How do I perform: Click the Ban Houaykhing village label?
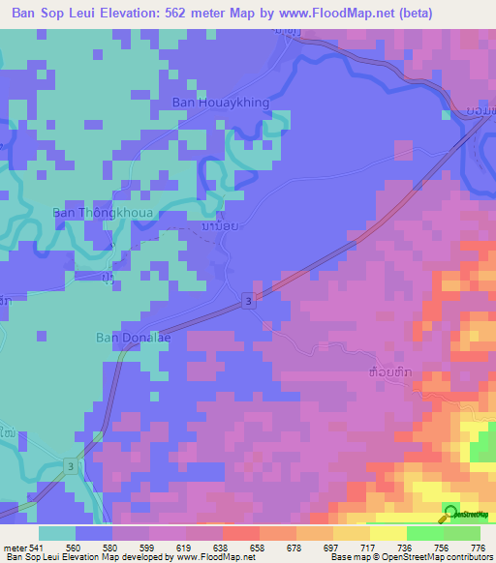tap(220, 101)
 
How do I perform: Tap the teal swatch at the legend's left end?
tap(56, 532)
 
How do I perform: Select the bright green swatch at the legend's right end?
tap(461, 532)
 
